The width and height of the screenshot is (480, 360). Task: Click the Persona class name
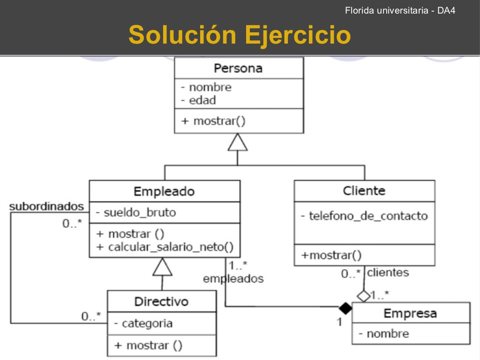(x=238, y=68)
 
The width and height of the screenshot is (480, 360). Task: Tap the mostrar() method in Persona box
(x=213, y=120)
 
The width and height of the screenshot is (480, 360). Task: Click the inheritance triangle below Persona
(x=238, y=142)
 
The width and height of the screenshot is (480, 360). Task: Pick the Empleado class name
(x=164, y=191)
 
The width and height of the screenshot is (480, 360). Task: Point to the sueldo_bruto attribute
(x=135, y=212)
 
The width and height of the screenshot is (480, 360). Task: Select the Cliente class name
(x=364, y=191)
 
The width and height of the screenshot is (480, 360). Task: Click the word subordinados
(x=46, y=206)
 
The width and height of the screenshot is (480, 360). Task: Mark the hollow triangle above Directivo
(x=163, y=267)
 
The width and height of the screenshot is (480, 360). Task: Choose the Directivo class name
(x=161, y=301)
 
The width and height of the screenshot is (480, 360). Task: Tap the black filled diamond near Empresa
(x=345, y=308)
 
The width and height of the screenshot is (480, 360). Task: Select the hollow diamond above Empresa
(x=364, y=296)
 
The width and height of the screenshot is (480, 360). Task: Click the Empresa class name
(x=410, y=313)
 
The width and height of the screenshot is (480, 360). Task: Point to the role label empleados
(x=233, y=278)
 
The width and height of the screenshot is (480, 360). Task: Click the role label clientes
(x=388, y=272)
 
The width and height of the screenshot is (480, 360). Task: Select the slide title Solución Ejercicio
(x=239, y=34)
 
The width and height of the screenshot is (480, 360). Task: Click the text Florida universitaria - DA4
(x=400, y=10)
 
